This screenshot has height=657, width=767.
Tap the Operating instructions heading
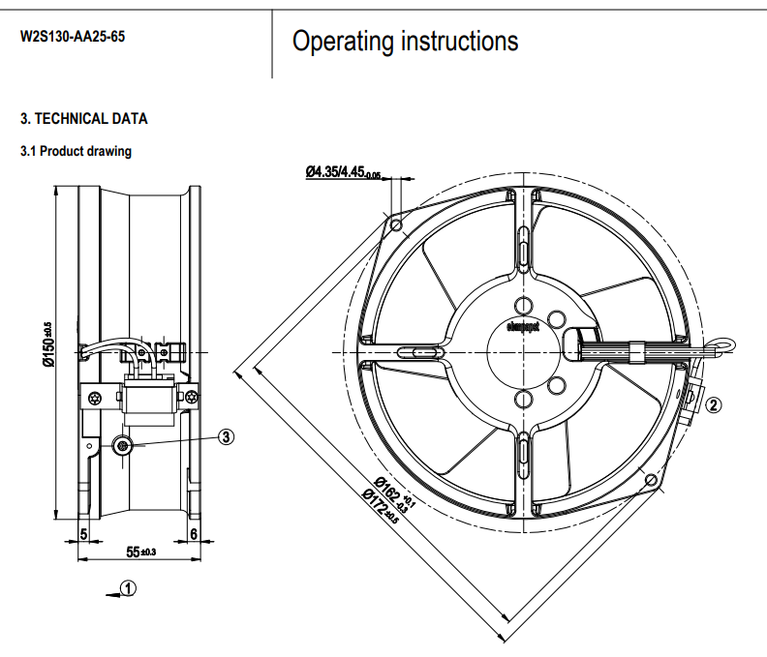click(405, 42)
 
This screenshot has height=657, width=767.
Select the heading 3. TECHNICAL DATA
click(84, 119)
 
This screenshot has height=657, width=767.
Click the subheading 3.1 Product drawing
click(76, 151)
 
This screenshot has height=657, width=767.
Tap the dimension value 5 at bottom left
click(83, 533)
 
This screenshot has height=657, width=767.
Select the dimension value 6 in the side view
click(195, 533)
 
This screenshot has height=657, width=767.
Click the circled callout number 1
click(130, 587)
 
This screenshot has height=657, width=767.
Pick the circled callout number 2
click(714, 405)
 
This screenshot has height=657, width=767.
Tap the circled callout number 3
click(226, 436)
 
